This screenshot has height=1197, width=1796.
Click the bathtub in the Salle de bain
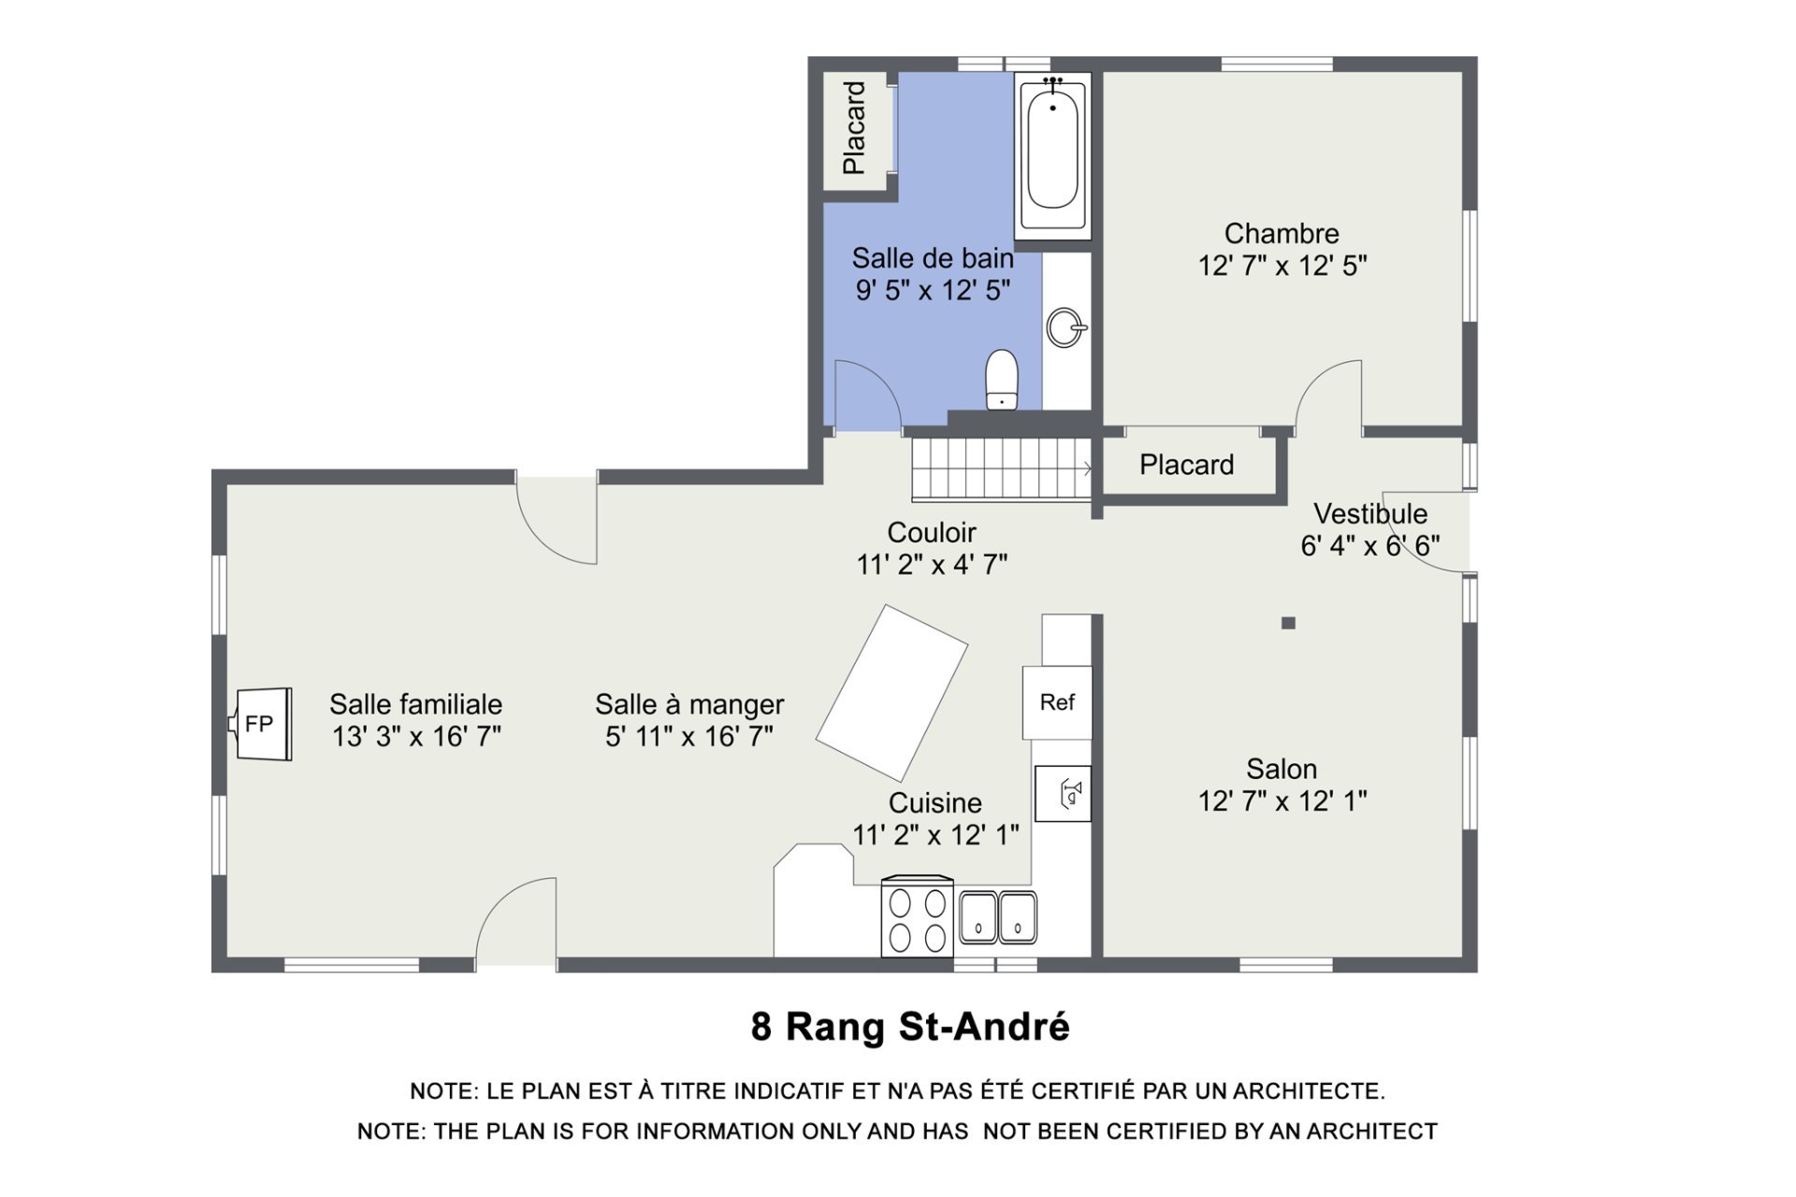pyautogui.click(x=1052, y=154)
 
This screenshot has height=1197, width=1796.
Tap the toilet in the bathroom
pyautogui.click(x=1002, y=380)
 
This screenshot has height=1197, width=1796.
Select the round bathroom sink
pyautogui.click(x=1066, y=327)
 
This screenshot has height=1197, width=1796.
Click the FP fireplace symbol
pyautogui.click(x=261, y=724)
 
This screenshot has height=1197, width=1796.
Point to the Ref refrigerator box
pyautogui.click(x=1057, y=702)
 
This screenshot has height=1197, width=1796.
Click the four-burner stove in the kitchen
pyautogui.click(x=918, y=916)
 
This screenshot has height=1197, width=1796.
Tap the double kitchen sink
pyautogui.click(x=998, y=916)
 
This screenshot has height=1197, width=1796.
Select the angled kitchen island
pyautogui.click(x=891, y=693)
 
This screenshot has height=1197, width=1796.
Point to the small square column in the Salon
pyautogui.click(x=1288, y=623)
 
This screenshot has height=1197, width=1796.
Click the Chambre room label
pyautogui.click(x=1282, y=233)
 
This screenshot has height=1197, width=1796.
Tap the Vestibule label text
pyautogui.click(x=1370, y=513)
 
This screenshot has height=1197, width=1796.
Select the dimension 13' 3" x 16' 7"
pyautogui.click(x=416, y=737)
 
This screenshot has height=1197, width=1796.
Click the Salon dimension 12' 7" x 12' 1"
pyautogui.click(x=1282, y=801)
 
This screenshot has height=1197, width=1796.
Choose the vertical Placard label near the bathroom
pyautogui.click(x=854, y=128)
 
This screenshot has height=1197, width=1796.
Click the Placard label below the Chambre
pyautogui.click(x=1186, y=465)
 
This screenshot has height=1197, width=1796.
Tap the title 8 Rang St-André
pyautogui.click(x=910, y=1027)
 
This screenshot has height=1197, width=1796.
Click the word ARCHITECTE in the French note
pyautogui.click(x=1308, y=1091)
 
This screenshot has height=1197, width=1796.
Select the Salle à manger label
pyautogui.click(x=689, y=704)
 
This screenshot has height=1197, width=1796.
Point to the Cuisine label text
pyautogui.click(x=935, y=802)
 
